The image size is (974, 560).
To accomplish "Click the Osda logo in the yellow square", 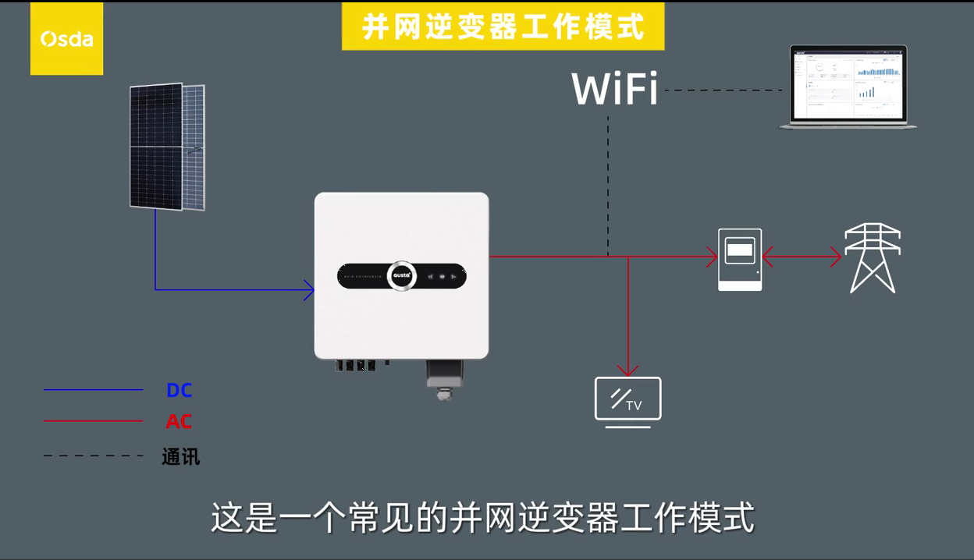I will point(66,39).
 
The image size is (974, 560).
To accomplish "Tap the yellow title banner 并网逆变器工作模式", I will point(503,27).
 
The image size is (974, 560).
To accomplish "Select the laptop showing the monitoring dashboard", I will point(848,87).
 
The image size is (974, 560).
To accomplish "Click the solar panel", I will point(167,147).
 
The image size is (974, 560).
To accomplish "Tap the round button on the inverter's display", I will point(401,276).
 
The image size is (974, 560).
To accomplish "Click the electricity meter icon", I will point(740,260).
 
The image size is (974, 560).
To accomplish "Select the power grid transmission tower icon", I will point(873,258).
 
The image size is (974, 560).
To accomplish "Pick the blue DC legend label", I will point(179,390).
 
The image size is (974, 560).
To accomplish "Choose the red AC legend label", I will point(179,421).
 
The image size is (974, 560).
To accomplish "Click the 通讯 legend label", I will point(180,456).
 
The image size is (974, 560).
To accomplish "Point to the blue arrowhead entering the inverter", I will point(309,290).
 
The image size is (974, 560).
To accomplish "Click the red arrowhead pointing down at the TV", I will point(627,370).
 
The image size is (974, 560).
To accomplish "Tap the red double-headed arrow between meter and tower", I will point(802,257).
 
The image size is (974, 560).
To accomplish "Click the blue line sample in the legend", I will point(93,389).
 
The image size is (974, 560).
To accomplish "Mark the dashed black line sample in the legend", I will point(93,455).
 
